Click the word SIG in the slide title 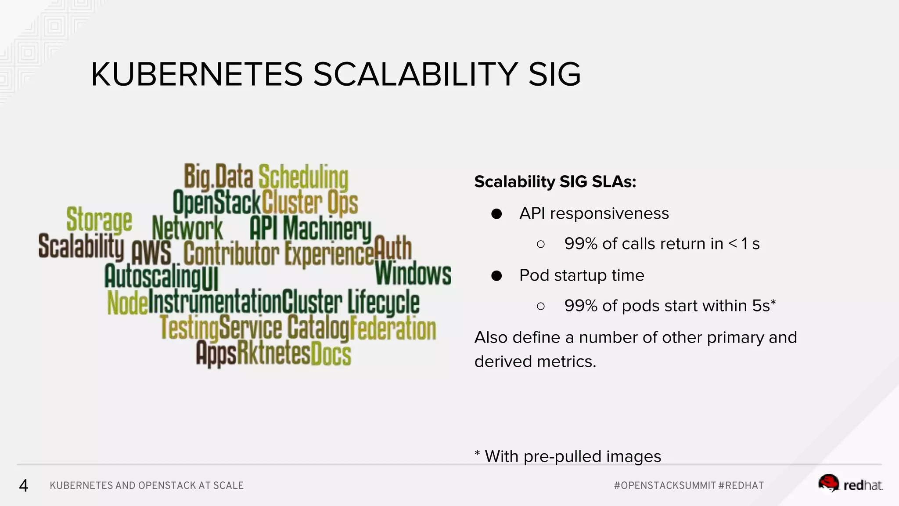[554, 74]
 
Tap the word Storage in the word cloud [99, 219]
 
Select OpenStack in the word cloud [217, 202]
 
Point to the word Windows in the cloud [413, 274]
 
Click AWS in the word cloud [151, 253]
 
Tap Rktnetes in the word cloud [273, 354]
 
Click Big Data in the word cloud [218, 177]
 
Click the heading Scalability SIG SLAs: [555, 181]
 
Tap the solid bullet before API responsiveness [496, 214]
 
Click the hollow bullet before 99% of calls [541, 244]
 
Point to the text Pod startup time [581, 275]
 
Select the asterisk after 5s [773, 302]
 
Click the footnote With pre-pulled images [572, 456]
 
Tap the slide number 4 [24, 485]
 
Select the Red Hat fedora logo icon [828, 483]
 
